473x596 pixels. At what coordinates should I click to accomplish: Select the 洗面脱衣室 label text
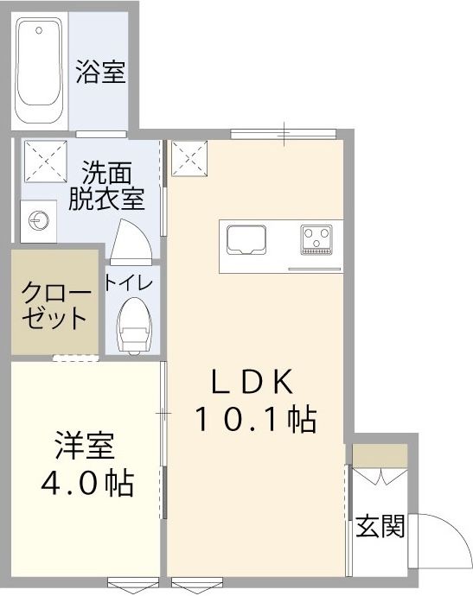click(106, 185)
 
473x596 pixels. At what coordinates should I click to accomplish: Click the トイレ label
click(129, 282)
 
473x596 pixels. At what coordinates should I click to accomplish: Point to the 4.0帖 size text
click(87, 483)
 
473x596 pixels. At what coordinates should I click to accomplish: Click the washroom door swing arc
click(131, 238)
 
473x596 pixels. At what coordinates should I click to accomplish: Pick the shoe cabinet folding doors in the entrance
click(378, 478)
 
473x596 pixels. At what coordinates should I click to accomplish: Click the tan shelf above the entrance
click(378, 454)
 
